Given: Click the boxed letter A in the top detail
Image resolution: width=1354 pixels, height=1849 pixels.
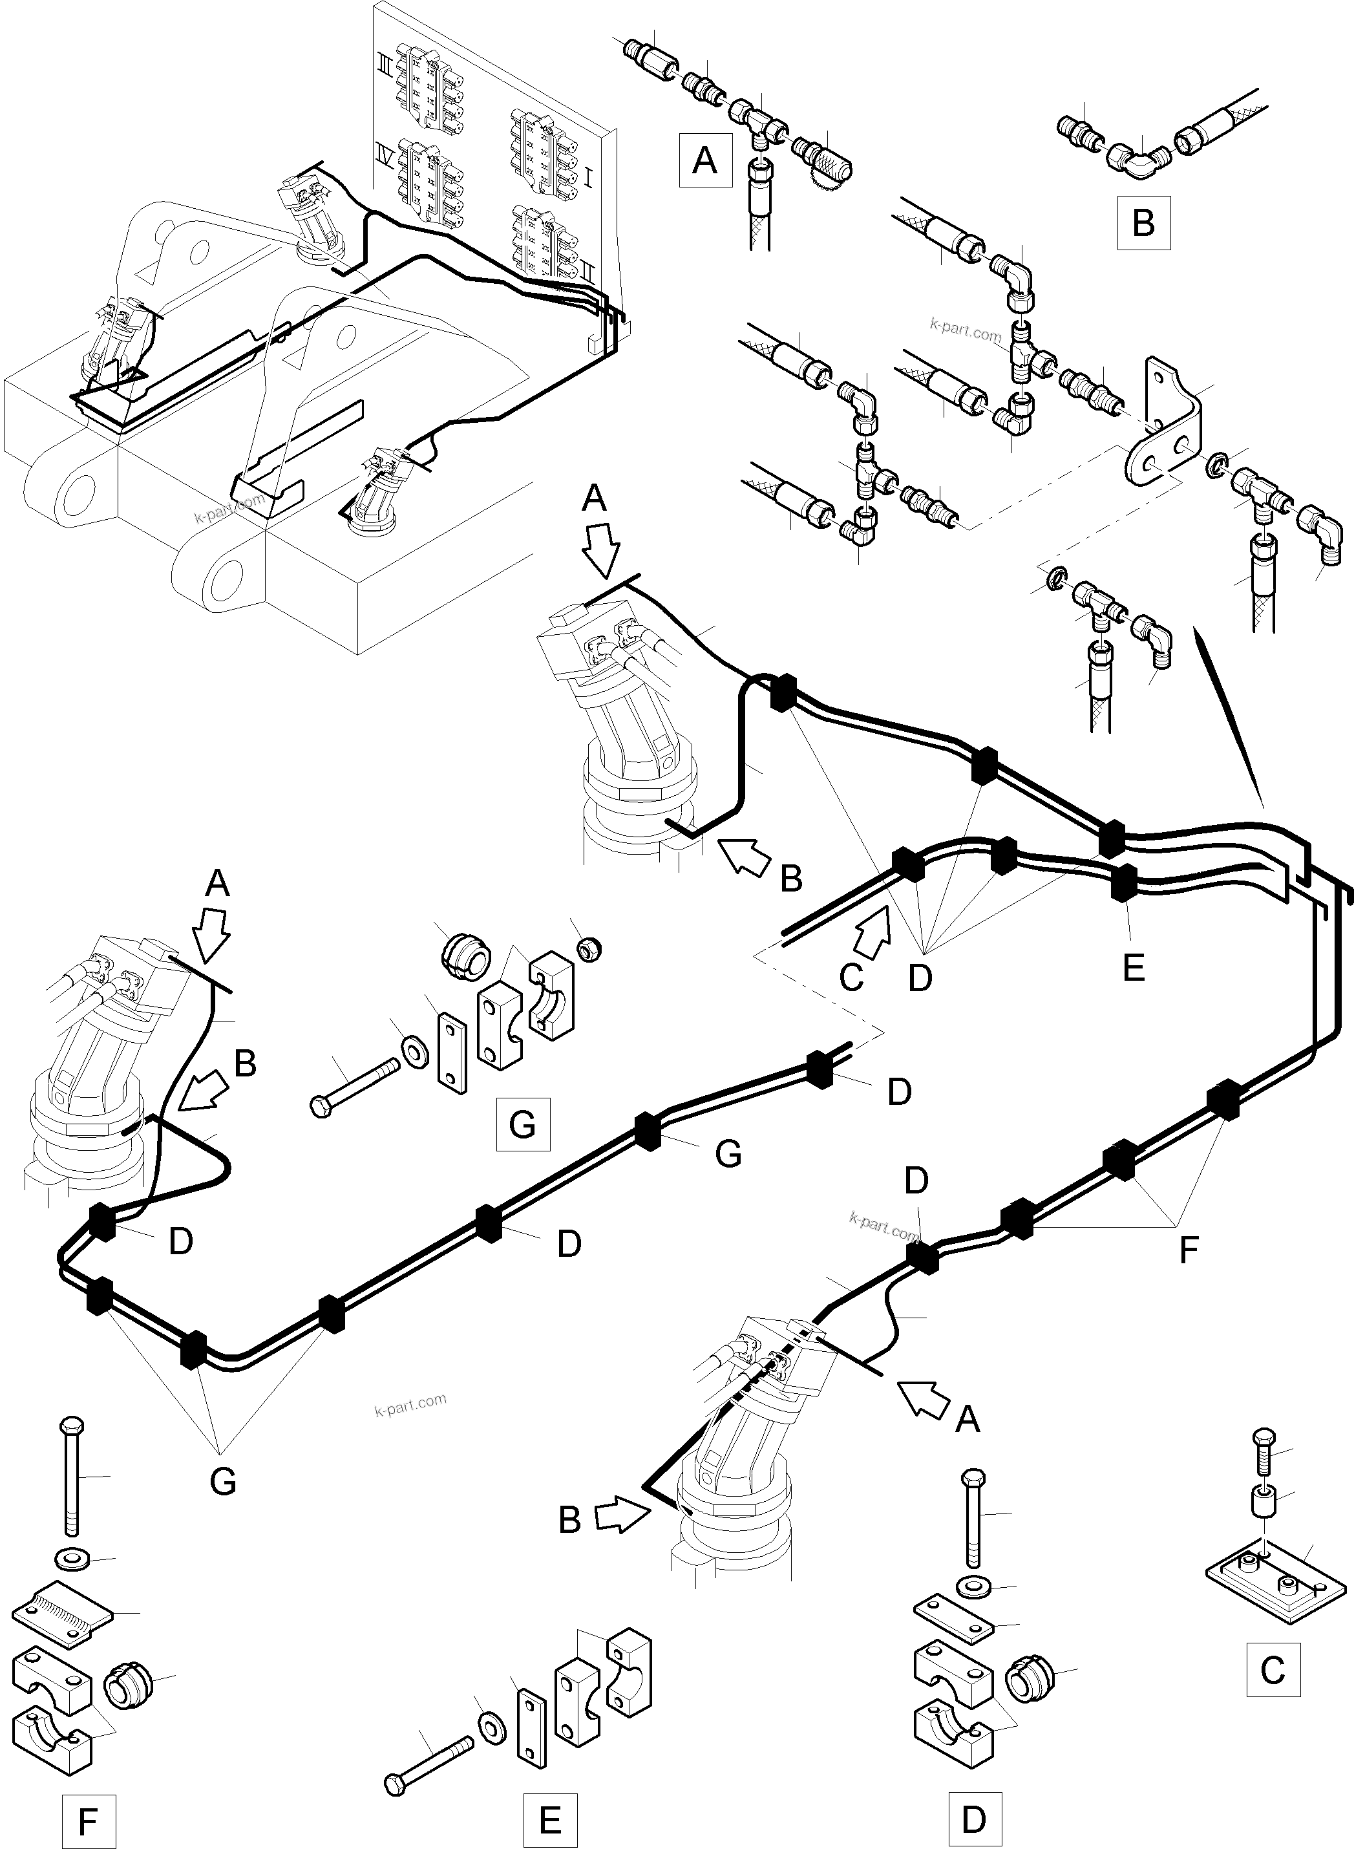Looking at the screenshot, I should coord(705,161).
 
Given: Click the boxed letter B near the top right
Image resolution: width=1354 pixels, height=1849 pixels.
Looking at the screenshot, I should coord(1143,223).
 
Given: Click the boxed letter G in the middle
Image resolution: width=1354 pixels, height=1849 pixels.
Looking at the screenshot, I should coord(522,1124).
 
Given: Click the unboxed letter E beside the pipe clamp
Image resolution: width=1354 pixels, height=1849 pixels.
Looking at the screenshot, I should coord(1134,968).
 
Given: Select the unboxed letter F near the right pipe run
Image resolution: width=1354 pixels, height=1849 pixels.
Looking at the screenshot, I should coord(1188,1251).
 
